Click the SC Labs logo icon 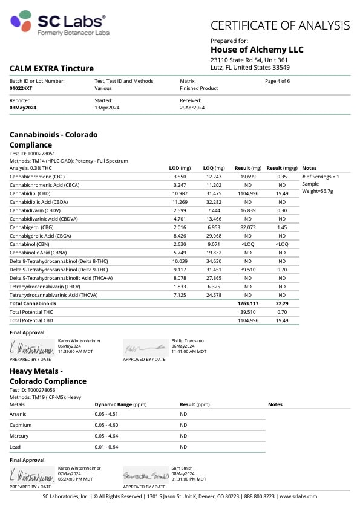(x=22, y=21)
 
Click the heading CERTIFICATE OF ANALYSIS (x=280, y=25)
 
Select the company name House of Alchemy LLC (x=257, y=50)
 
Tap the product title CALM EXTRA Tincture (x=51, y=69)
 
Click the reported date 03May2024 (x=23, y=108)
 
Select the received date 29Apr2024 (x=192, y=108)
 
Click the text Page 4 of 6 (x=278, y=81)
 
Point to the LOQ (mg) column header (x=214, y=167)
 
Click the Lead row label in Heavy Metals (x=15, y=447)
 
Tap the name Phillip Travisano (x=189, y=340)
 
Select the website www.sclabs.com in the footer (x=298, y=496)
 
